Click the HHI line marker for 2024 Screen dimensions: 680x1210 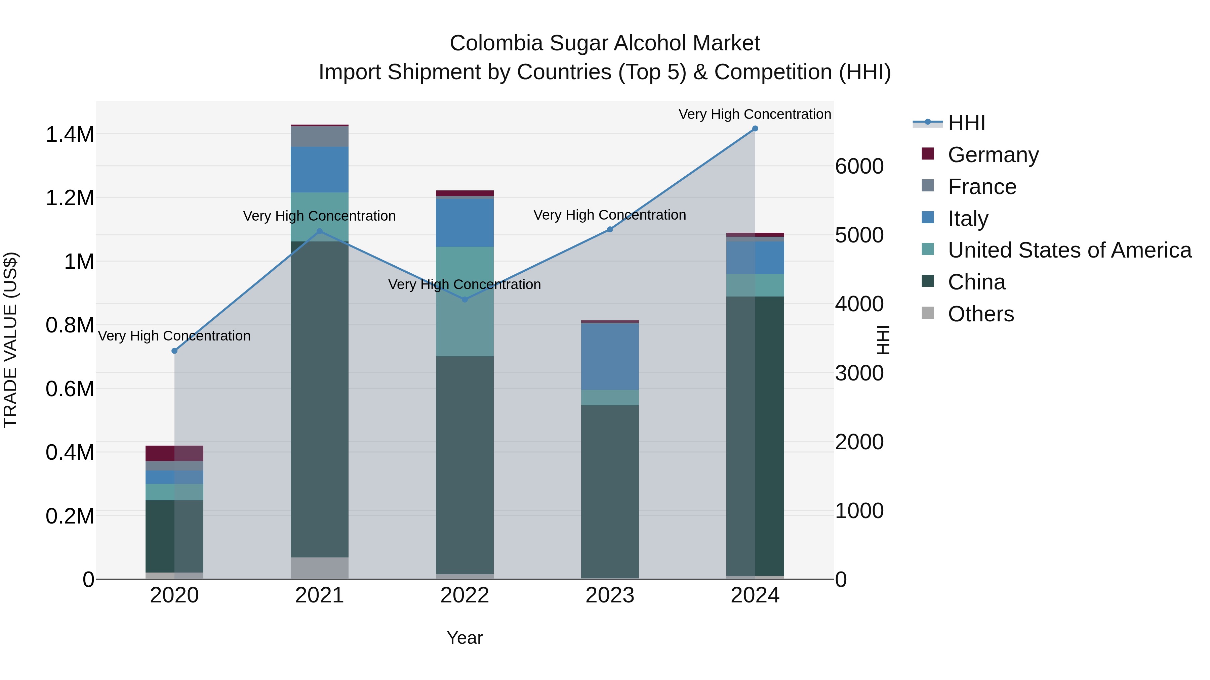755,129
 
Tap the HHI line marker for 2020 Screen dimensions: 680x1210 174,351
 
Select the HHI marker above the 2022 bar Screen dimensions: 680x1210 465,300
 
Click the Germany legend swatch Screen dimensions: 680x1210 928,154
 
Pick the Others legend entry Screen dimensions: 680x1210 980,314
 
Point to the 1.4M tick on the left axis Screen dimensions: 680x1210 70,135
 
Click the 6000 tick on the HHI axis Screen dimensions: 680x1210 859,167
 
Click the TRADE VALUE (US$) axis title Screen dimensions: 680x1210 10,340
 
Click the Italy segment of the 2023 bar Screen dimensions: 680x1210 610,357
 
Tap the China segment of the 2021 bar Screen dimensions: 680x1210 319,399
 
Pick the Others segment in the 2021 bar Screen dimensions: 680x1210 319,568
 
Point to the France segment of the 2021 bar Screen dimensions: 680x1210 319,137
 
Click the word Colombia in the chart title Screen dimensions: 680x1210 497,43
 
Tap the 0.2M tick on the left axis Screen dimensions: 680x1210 70,516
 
